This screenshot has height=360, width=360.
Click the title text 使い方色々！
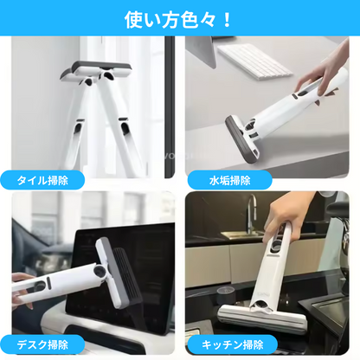tap(179, 18)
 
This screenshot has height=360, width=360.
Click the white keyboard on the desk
tap(251, 55)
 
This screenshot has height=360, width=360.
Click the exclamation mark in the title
tap(227, 18)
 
